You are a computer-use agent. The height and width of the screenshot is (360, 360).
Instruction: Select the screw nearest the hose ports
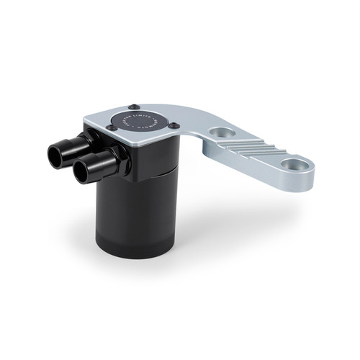tap(110, 127)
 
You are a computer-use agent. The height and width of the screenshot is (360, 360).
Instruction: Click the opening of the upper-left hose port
tap(57, 152)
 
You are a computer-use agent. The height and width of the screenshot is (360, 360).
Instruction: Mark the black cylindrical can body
tap(130, 209)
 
